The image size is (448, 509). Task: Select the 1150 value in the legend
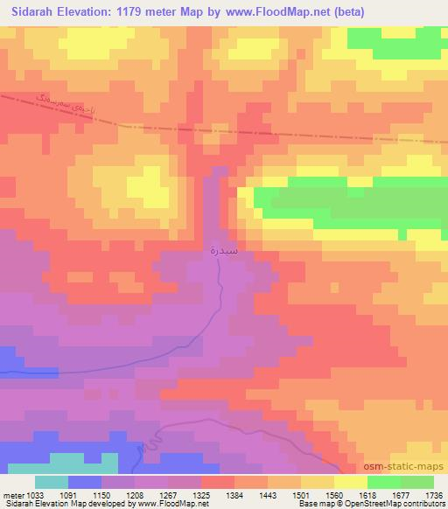(119, 494)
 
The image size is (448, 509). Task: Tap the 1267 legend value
(186, 494)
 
